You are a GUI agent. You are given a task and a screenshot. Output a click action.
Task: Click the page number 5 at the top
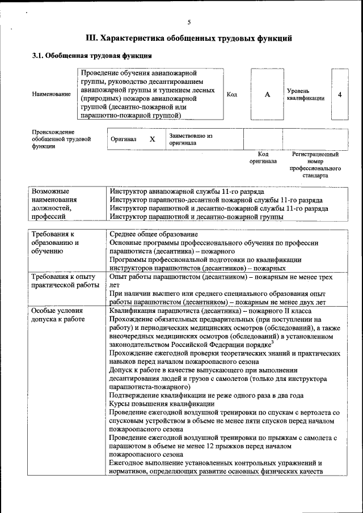coord(189,22)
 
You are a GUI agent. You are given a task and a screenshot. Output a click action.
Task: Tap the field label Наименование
coord(51,94)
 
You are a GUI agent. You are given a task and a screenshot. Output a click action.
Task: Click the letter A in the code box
coord(267,95)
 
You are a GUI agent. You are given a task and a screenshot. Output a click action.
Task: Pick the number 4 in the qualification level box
coord(339,95)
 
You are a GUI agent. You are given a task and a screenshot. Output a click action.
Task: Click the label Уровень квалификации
coord(305,94)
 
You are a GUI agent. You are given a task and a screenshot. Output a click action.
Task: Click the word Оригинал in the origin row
coord(124,139)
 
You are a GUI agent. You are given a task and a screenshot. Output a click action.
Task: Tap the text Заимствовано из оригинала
coord(190,139)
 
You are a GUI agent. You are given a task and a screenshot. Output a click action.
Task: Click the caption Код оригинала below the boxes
coord(263,158)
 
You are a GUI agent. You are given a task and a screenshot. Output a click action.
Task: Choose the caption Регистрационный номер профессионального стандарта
coord(315,164)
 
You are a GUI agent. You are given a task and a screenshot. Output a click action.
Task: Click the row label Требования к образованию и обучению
coord(55,242)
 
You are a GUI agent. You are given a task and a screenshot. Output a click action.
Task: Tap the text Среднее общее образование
coord(154,234)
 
